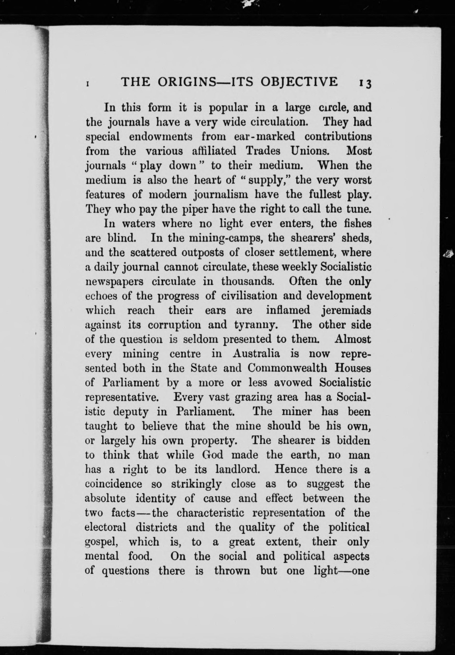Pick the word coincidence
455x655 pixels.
click(x=113, y=484)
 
